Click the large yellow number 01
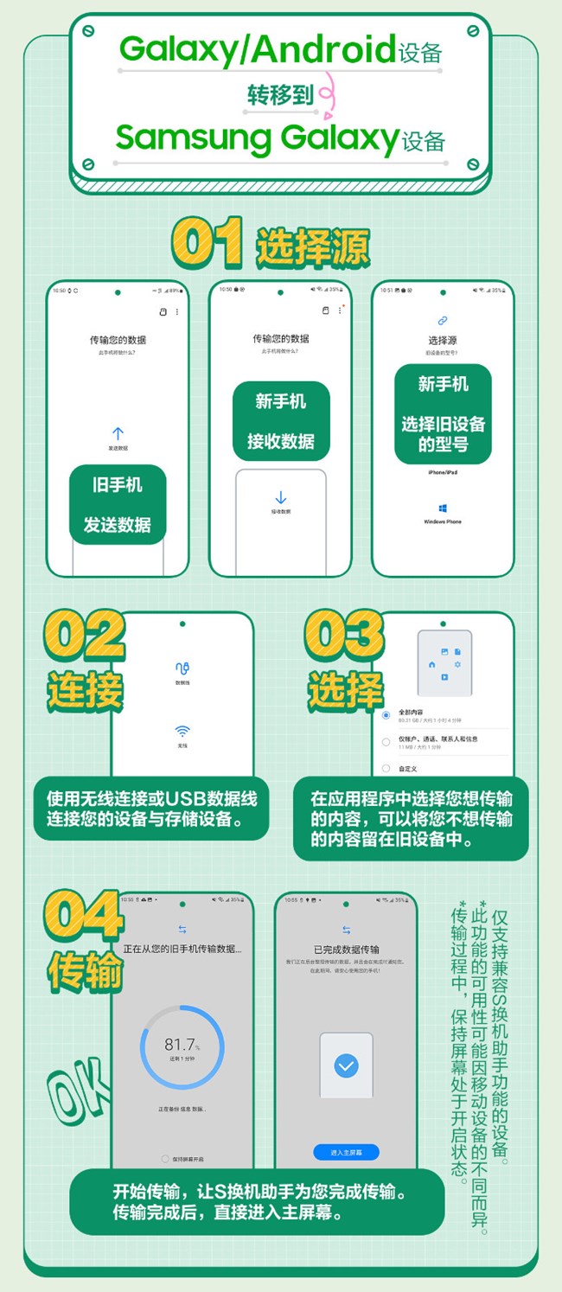point(208,243)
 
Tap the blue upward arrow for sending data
point(118,433)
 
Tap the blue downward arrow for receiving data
point(280,497)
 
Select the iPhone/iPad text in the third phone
point(443,473)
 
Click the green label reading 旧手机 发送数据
point(117,504)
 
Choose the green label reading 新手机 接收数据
point(281,421)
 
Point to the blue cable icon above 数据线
point(182,668)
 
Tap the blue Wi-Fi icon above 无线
point(182,731)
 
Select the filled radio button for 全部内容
point(386,715)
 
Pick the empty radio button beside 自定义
point(386,767)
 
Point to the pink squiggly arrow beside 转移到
point(326,95)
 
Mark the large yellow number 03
point(344,636)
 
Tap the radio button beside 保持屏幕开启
point(165,1158)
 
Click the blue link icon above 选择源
point(443,321)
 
